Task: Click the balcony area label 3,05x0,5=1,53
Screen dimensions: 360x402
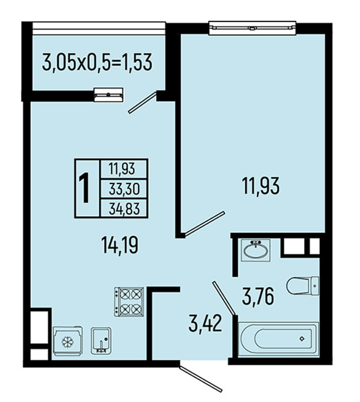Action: point(97,62)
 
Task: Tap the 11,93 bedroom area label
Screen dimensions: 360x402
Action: point(261,186)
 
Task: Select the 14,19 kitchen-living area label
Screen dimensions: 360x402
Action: point(120,245)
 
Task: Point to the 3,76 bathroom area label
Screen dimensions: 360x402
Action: point(258,296)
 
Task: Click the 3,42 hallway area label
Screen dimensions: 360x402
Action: point(205,324)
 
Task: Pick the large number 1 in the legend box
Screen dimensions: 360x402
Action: point(84,188)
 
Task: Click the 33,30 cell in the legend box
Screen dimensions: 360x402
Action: point(124,188)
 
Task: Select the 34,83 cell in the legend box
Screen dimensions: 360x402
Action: point(124,208)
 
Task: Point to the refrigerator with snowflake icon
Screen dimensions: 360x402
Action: point(68,341)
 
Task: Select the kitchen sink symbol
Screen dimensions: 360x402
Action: point(101,340)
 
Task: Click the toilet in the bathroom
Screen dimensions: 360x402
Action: point(303,286)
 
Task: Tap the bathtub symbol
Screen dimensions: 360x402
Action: point(279,339)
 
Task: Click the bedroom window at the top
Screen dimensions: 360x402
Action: point(253,28)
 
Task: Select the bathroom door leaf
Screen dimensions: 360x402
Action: point(224,298)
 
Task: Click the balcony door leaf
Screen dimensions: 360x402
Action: point(143,102)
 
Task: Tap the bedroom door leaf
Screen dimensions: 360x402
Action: point(205,224)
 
